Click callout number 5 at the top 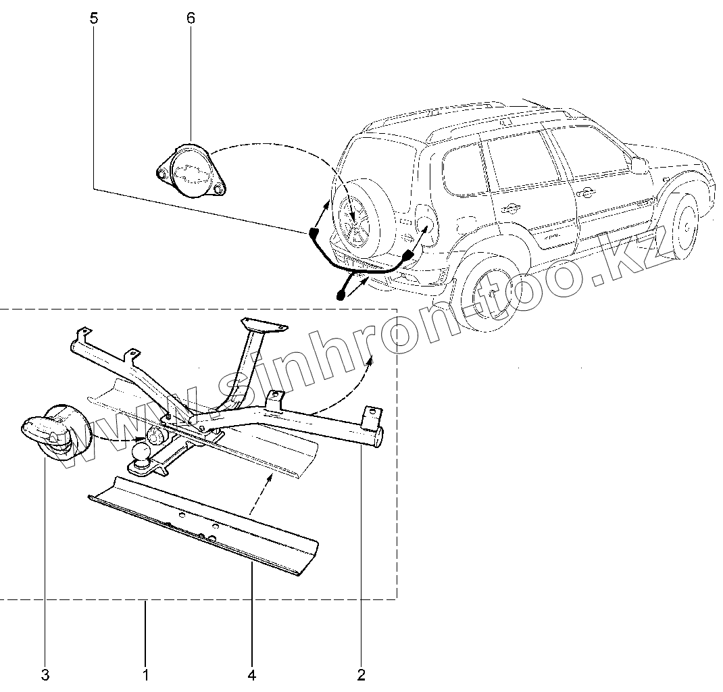click(93, 18)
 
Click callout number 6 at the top click(191, 18)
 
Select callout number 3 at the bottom click(45, 674)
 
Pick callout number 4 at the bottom click(251, 674)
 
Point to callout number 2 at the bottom click(361, 674)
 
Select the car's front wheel click(685, 225)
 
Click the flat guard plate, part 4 click(203, 527)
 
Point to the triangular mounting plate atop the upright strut click(264, 325)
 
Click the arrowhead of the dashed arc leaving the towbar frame click(369, 364)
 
